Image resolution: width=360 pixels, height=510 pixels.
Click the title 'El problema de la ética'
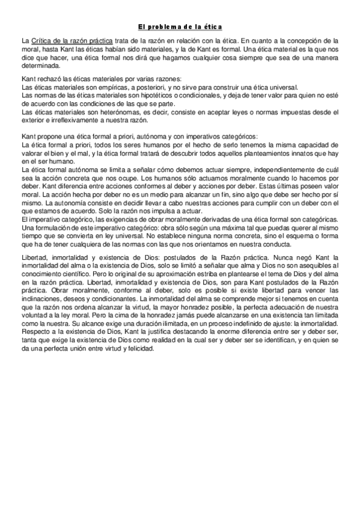(x=180, y=26)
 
